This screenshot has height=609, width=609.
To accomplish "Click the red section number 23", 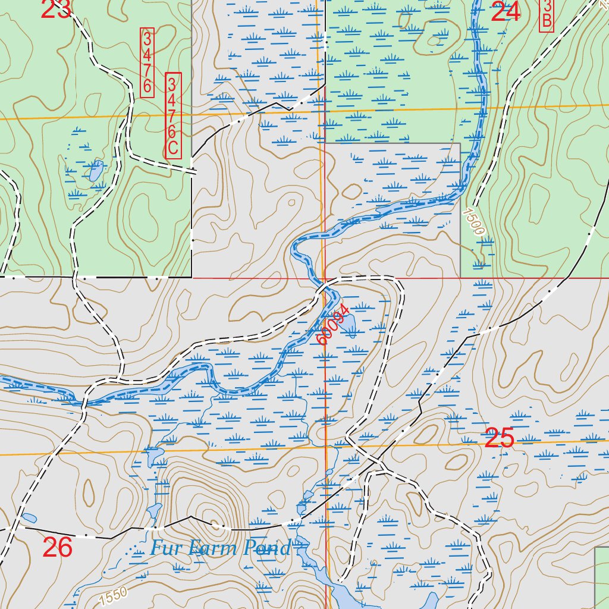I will (x=56, y=8).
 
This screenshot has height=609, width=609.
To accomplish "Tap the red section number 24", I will (x=506, y=11).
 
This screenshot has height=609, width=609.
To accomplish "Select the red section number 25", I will (x=500, y=438).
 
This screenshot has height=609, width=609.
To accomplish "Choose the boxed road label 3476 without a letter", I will (x=147, y=62).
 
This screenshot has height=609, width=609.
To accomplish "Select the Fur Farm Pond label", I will (x=221, y=548).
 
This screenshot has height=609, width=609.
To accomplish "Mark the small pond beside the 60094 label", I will (x=349, y=324).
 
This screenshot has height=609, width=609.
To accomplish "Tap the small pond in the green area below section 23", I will (x=95, y=172).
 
